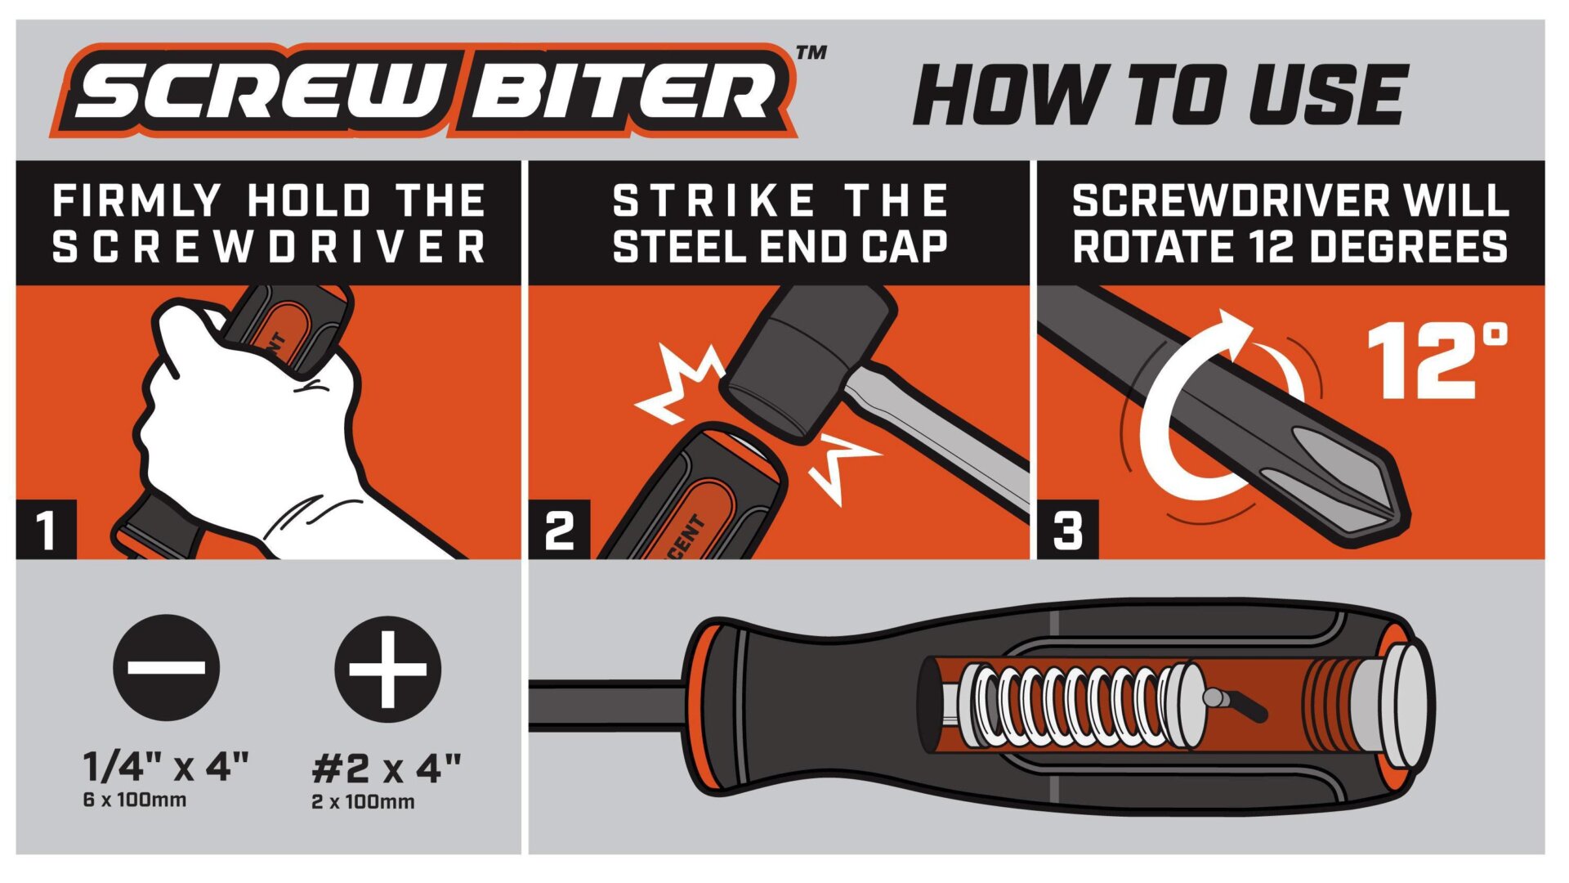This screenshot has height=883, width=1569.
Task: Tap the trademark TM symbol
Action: coord(811,53)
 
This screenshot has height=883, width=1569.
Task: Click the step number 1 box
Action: coord(47,530)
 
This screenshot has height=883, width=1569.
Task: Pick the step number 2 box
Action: coord(560,530)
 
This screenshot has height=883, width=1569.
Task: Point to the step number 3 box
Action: coord(1068,530)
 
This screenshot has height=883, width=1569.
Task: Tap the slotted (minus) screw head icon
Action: coord(167,667)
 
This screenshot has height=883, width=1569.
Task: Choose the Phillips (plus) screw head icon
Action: coord(388,669)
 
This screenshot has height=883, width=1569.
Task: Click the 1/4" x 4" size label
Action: coord(166,767)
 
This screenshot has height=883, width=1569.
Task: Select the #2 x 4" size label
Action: coord(387,769)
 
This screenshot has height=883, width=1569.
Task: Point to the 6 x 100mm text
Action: coord(135,800)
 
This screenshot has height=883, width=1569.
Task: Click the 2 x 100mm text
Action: coord(363,802)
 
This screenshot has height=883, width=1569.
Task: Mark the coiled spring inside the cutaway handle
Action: coord(1071,706)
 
